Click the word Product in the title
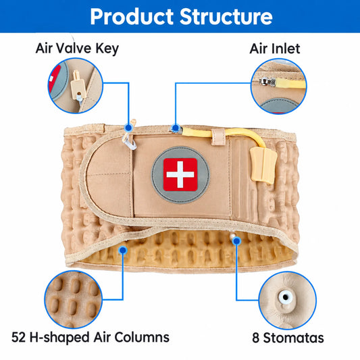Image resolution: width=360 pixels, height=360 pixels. click(x=132, y=16)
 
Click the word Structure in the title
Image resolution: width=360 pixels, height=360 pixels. click(x=226, y=16)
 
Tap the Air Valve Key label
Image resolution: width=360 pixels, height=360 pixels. click(x=77, y=49)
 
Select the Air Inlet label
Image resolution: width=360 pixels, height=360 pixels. click(x=275, y=49)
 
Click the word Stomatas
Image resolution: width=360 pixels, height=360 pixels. click(x=293, y=338)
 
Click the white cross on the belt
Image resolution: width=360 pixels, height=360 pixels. click(x=180, y=174)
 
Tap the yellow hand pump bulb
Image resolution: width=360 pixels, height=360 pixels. click(x=263, y=165)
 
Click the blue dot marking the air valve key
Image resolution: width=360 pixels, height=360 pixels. click(x=128, y=128)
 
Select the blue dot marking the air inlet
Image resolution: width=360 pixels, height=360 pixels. click(x=176, y=128)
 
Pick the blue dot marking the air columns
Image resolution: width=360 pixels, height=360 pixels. click(x=124, y=250)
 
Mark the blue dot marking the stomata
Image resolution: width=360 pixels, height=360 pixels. click(x=236, y=241)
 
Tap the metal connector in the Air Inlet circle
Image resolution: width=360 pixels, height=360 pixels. click(x=267, y=82)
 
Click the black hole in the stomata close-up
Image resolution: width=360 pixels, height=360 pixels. click(x=286, y=297)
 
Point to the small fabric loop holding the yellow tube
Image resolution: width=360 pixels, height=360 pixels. click(x=218, y=137)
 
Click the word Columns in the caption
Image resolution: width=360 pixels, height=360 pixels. click(x=142, y=337)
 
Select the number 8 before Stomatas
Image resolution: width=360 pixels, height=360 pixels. click(x=256, y=338)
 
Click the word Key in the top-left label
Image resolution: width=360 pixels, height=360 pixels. click(x=107, y=49)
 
